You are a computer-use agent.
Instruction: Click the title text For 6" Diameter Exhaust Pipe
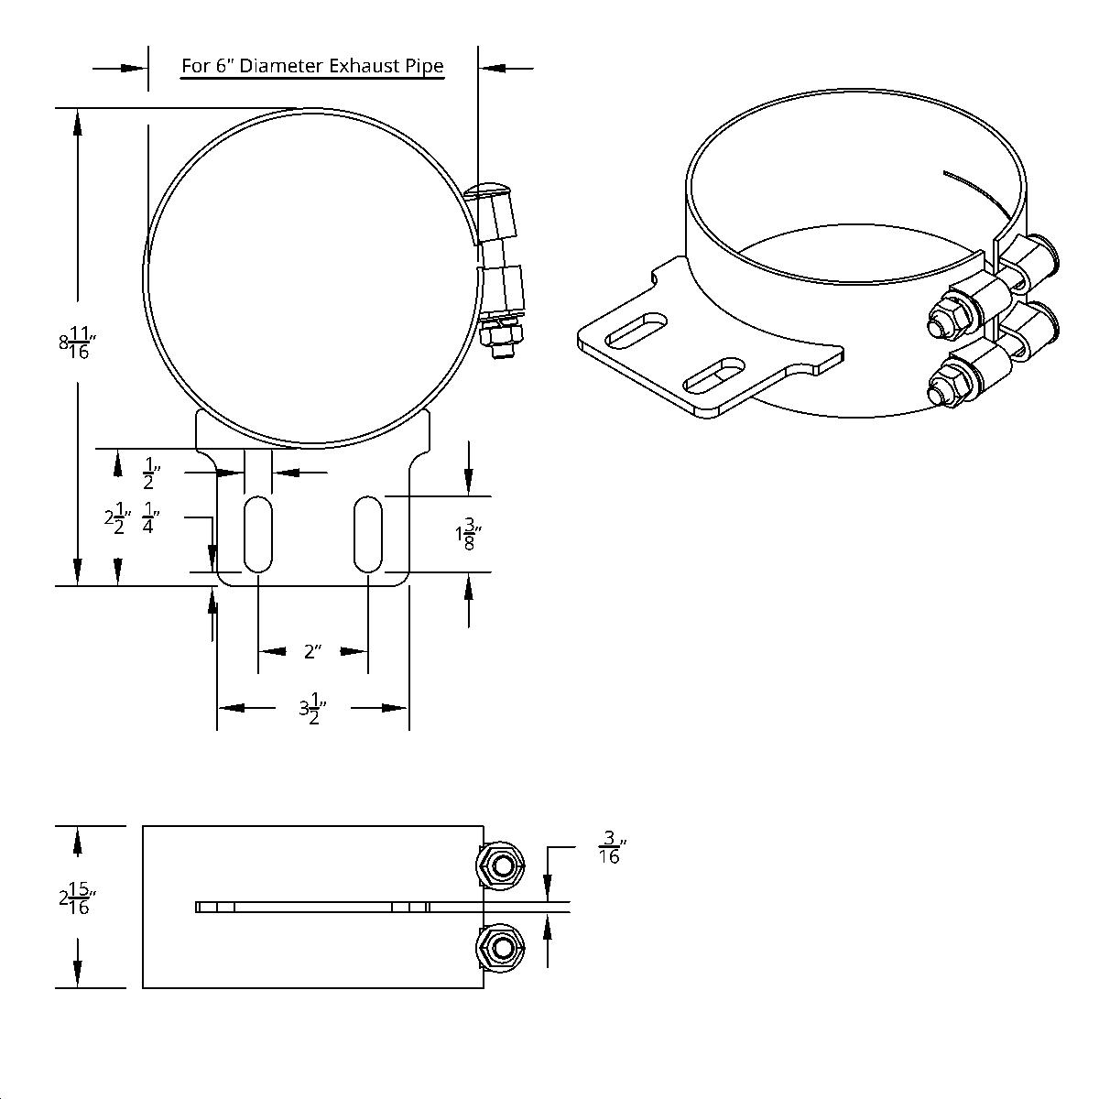[x=312, y=66]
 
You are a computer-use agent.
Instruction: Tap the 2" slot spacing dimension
[x=313, y=652]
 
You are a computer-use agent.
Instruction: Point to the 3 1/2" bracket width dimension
[x=313, y=710]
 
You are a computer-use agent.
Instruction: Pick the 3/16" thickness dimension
[x=609, y=848]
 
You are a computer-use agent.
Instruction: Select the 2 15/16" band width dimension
[x=78, y=898]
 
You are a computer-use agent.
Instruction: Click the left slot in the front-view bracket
[x=259, y=534]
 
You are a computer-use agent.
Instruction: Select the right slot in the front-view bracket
[x=367, y=534]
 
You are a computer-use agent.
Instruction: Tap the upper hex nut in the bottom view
[x=499, y=865]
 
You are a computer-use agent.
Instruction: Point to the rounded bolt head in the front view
[x=487, y=190]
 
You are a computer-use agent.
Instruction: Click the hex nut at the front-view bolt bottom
[x=503, y=341]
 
